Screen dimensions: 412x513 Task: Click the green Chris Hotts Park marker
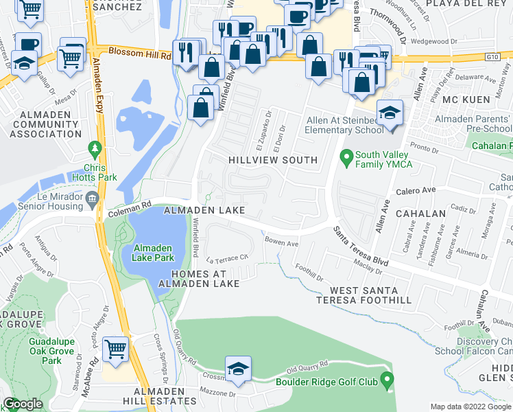(95, 148)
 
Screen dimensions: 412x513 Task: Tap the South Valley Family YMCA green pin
(347, 158)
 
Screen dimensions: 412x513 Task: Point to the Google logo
(23, 404)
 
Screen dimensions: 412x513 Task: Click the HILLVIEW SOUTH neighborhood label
(273, 160)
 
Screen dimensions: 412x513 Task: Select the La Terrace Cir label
(226, 260)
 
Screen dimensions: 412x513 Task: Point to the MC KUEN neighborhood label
(464, 100)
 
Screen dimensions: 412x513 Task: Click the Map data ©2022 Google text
(470, 407)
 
